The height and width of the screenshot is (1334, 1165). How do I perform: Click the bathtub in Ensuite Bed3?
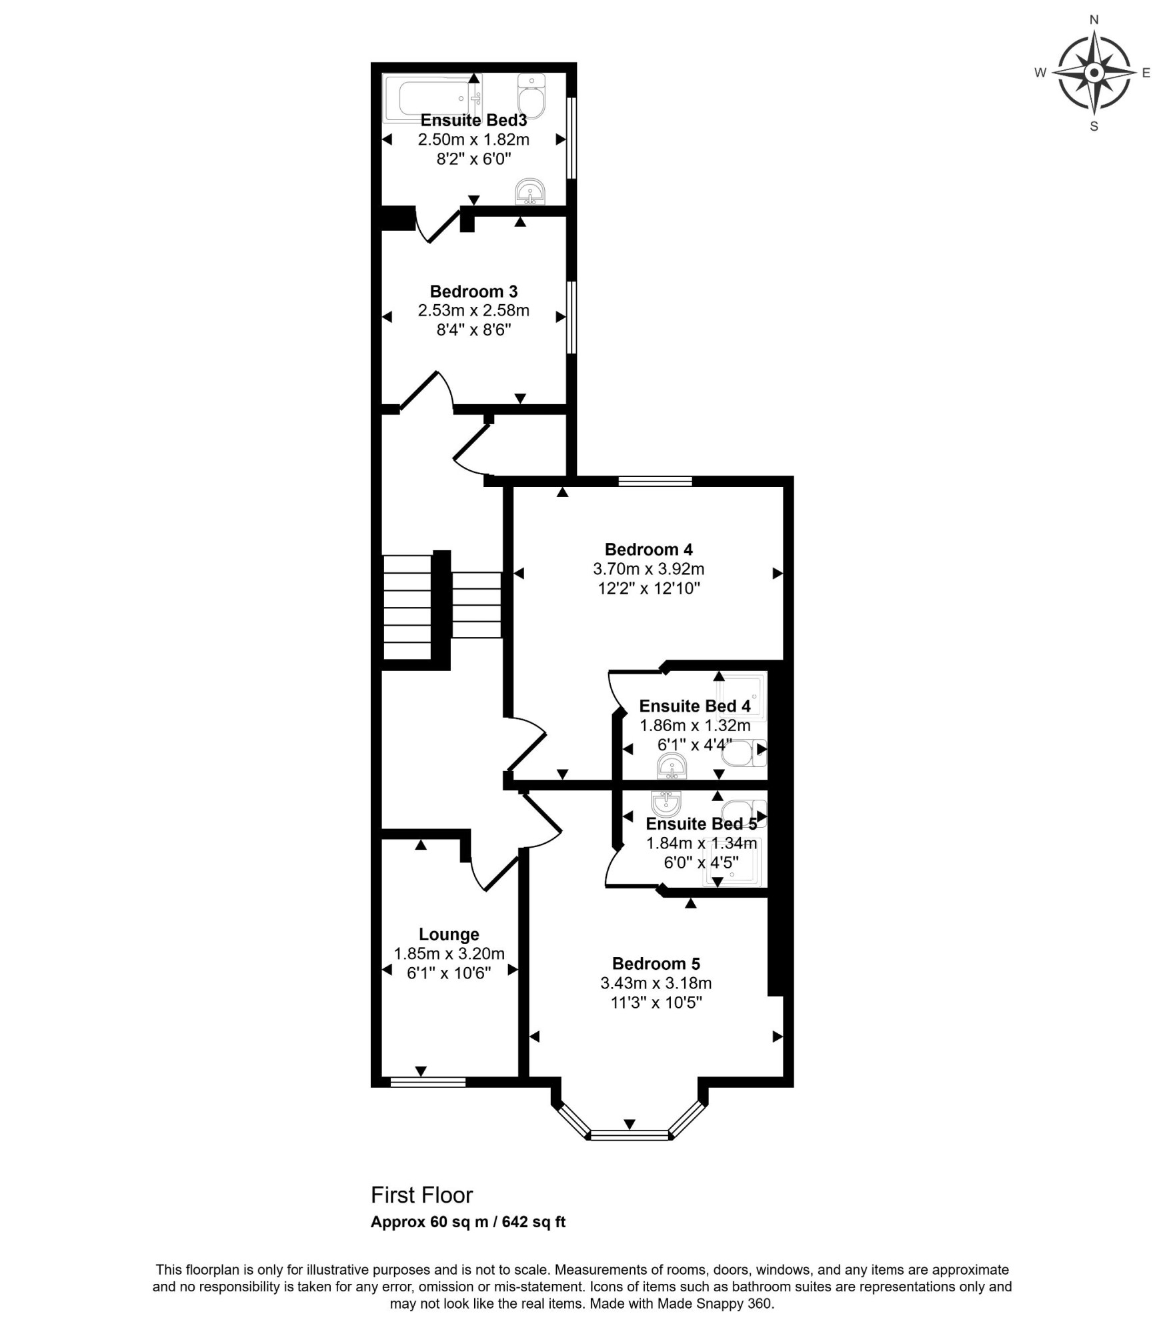(432, 99)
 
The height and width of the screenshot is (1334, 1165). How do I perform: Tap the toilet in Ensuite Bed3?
(531, 95)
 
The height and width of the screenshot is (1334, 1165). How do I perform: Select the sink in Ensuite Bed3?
(530, 191)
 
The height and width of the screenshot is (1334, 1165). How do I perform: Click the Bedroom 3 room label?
(473, 291)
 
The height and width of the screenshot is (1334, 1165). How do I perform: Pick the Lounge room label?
(449, 934)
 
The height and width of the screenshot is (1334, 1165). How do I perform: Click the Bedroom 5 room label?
(656, 964)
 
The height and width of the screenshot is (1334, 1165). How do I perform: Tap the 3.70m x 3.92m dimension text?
(648, 569)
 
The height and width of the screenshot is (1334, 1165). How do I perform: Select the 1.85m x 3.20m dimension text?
(449, 954)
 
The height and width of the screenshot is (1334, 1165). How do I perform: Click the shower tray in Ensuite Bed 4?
(740, 697)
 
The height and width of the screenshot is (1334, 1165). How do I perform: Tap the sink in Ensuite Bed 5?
(666, 803)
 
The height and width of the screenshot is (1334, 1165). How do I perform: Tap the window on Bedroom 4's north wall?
(655, 481)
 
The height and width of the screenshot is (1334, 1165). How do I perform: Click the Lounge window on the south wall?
(427, 1082)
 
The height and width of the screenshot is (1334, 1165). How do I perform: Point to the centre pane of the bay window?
(630, 1135)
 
